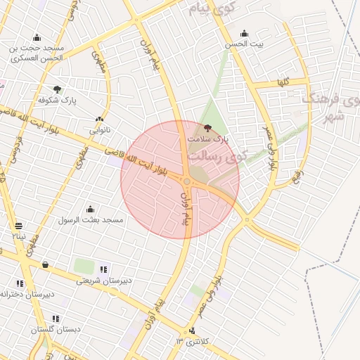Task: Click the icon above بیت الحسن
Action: (244, 33)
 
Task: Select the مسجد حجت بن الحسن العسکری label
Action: (36, 53)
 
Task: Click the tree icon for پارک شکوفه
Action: (57, 90)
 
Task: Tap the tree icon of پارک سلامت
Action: (207, 128)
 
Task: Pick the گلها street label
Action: (283, 82)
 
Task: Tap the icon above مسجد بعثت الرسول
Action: (90, 209)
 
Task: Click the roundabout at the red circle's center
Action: (186, 181)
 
